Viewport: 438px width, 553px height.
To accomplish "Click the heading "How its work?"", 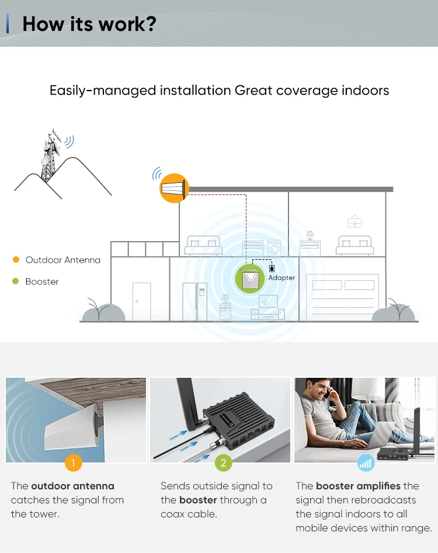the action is click(x=89, y=23).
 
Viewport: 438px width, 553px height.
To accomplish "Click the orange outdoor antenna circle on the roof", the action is click(x=174, y=188).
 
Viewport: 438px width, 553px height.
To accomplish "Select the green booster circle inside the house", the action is click(x=251, y=279).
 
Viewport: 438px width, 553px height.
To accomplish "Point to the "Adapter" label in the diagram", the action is click(x=281, y=278).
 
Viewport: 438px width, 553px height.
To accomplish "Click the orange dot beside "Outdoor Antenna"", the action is click(x=16, y=260).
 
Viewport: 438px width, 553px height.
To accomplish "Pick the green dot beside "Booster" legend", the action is click(x=16, y=281).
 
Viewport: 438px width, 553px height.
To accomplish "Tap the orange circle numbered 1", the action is click(x=73, y=464).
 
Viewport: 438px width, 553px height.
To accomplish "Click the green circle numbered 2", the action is click(x=223, y=464).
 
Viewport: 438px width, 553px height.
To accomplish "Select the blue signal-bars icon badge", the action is click(x=366, y=464).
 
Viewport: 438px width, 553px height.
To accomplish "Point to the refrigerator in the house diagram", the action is click(x=194, y=301).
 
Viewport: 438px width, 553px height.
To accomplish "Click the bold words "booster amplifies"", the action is click(x=358, y=486).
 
